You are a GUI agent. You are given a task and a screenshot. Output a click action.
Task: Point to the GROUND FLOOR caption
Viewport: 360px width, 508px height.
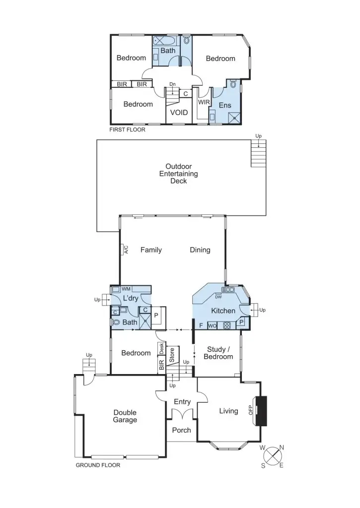click(x=98, y=465)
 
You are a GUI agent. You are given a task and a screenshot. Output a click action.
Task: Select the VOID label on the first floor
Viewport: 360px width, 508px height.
click(x=179, y=113)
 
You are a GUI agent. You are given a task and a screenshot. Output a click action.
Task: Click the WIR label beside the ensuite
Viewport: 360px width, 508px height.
click(x=204, y=102)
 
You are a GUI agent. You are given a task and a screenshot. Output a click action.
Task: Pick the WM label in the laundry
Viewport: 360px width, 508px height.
click(x=126, y=289)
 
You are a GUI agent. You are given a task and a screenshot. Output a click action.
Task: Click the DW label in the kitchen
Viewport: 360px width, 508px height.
click(x=218, y=297)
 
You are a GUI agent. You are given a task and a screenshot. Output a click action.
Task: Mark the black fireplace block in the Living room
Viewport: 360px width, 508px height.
click(x=261, y=410)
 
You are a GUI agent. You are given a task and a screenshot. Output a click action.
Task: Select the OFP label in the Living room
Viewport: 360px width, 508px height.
click(x=251, y=410)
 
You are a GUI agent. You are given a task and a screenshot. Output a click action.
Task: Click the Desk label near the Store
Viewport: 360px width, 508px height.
click(x=161, y=348)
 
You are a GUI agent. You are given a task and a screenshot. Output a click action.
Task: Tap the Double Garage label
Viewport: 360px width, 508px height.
click(x=125, y=416)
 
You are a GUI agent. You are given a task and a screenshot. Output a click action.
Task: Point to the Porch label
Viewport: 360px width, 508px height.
click(x=181, y=430)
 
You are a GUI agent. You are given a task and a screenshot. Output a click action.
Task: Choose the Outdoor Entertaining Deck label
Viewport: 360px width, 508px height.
click(x=178, y=174)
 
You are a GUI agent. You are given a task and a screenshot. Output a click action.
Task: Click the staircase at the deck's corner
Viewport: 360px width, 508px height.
click(x=259, y=153)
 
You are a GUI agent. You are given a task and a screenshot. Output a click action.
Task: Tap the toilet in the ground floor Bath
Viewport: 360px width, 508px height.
click(x=116, y=322)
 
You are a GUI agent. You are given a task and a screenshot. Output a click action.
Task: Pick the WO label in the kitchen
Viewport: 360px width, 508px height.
click(x=212, y=326)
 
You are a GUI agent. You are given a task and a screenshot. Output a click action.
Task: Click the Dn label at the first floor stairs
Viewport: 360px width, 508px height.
click(x=172, y=84)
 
